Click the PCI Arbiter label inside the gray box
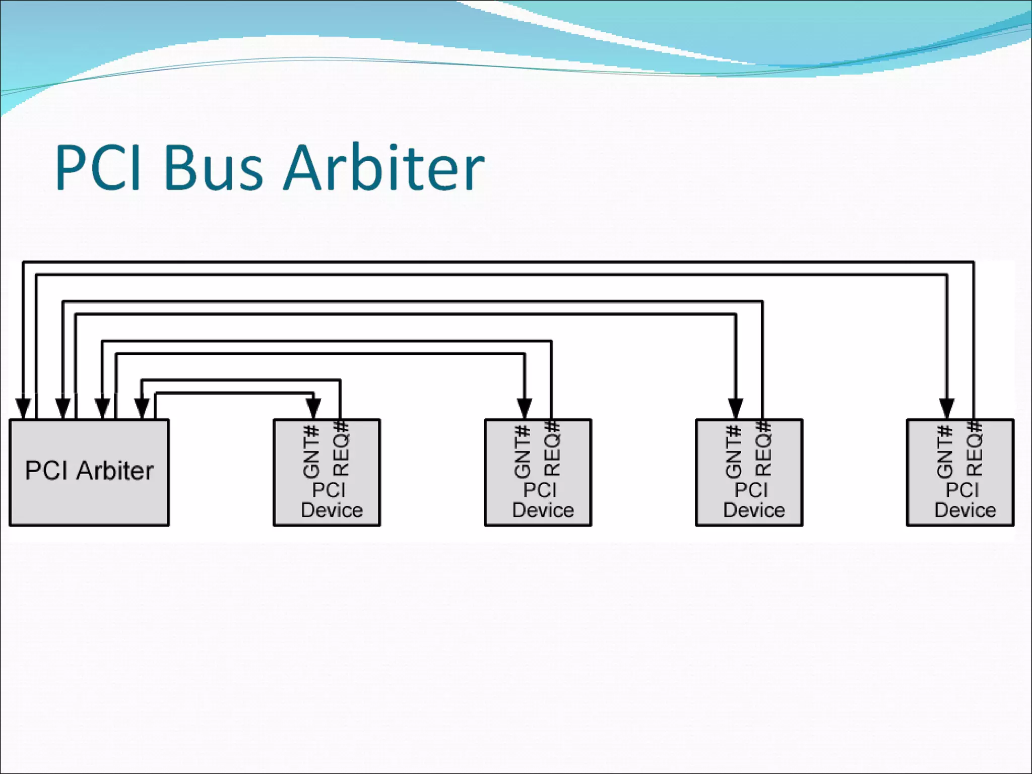pos(89,471)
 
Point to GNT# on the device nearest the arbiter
pos(311,451)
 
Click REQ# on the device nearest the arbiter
pos(341,449)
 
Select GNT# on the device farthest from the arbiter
pos(945,451)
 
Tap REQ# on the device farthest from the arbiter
pos(974,449)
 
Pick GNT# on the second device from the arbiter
pos(523,451)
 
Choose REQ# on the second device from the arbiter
pos(552,449)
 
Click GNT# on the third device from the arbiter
pos(734,451)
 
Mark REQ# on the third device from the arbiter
pos(763,449)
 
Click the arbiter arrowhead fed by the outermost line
pos(23,408)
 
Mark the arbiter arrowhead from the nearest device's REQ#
pos(142,408)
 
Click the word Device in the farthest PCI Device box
pos(965,510)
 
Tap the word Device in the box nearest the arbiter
pos(332,510)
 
